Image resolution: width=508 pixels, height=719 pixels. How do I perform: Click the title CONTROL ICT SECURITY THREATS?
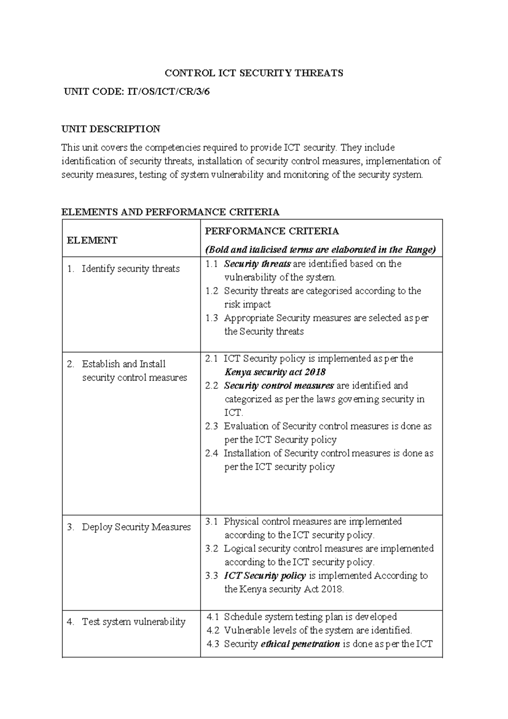tap(254, 73)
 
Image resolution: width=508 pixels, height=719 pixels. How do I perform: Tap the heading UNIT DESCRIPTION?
tap(111, 129)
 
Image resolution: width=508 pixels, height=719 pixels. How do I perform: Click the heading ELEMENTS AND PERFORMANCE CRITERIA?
tap(170, 212)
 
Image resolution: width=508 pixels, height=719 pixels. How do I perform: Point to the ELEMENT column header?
tap(92, 240)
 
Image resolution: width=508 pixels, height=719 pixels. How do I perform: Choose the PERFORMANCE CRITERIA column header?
tap(272, 231)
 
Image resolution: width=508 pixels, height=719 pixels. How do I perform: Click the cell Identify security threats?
tap(130, 269)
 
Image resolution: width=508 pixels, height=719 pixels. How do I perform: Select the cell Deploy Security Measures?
tap(136, 527)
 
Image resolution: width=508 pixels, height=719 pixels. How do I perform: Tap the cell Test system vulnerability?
tap(133, 622)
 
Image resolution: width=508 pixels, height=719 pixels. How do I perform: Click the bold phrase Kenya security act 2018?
tap(275, 372)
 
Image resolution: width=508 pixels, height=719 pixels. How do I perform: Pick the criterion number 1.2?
tap(212, 291)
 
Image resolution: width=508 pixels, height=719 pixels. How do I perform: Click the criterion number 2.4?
tap(212, 453)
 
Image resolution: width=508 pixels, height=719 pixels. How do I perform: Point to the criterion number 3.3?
tap(212, 576)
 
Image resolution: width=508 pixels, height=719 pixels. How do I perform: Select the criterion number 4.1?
tap(213, 617)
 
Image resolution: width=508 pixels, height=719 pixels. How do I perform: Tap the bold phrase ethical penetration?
tap(300, 644)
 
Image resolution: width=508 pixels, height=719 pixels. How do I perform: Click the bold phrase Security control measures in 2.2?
tap(279, 386)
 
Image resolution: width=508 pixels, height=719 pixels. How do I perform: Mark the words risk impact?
tap(247, 304)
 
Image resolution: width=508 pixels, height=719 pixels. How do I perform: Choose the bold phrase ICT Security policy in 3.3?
tap(265, 576)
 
